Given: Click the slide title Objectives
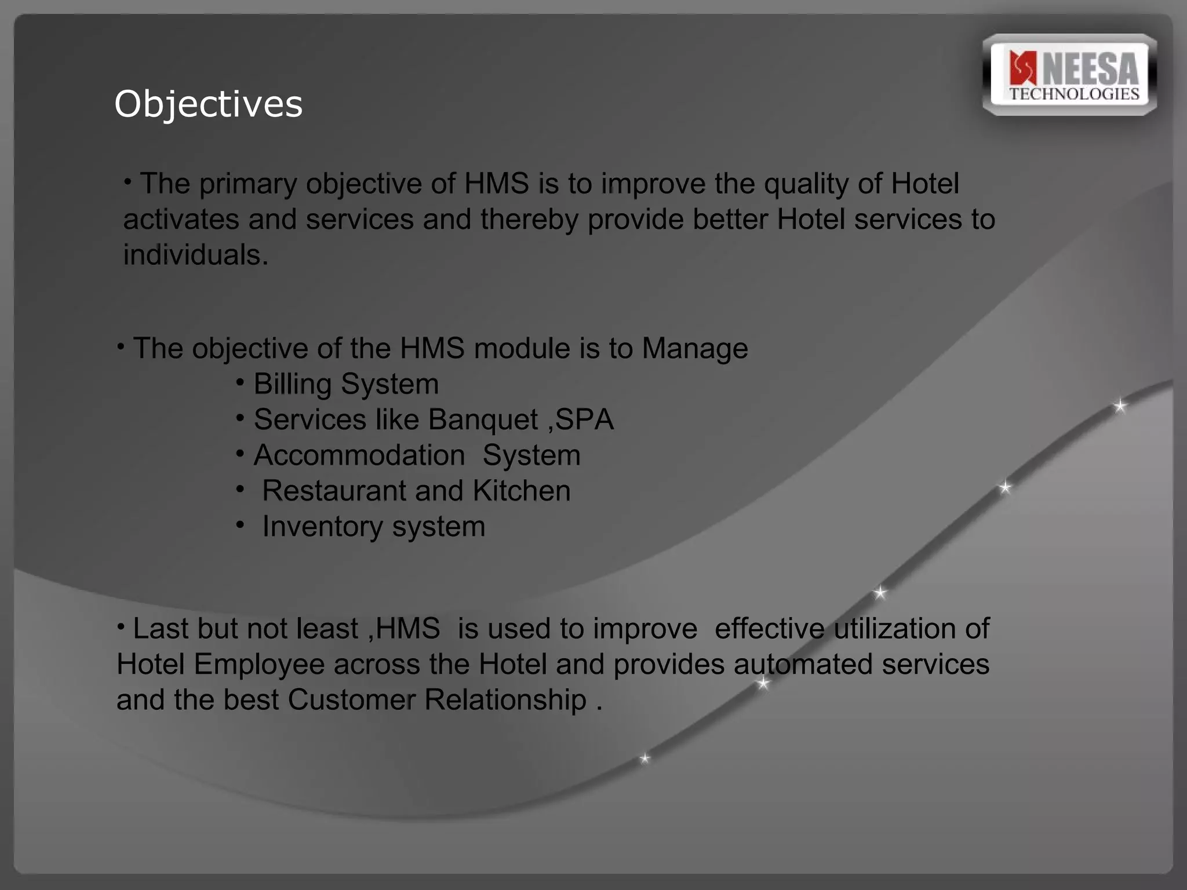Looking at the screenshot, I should (208, 104).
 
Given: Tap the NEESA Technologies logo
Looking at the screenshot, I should (1069, 75).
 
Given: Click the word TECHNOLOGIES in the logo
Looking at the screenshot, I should (1074, 94).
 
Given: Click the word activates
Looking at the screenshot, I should (181, 220).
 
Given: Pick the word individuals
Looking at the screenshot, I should (195, 255).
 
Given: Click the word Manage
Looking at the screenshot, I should (694, 349).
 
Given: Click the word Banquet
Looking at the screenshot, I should (483, 420).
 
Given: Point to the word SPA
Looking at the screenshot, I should (584, 420).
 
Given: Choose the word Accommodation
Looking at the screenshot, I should (359, 455).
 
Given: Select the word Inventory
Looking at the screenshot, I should (322, 527).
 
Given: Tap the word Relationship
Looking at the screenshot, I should (505, 700).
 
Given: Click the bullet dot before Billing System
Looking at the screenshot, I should (241, 382).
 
